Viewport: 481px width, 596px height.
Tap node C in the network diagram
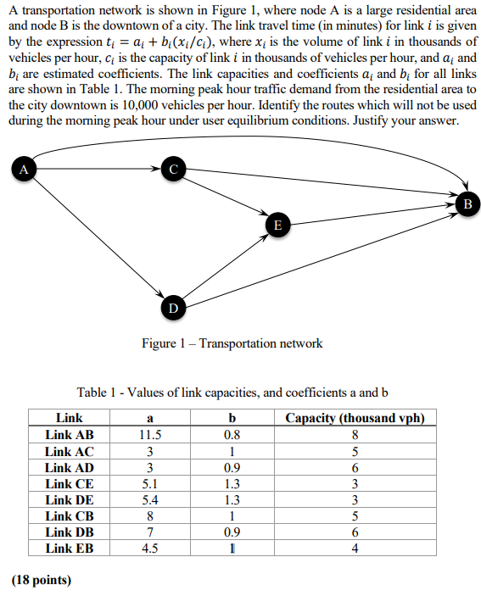coord(173,170)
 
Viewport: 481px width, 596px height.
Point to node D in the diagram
coord(173,306)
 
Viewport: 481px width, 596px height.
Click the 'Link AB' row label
coord(70,435)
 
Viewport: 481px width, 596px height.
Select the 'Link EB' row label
coord(70,548)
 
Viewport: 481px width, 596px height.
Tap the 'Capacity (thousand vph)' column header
coord(355,419)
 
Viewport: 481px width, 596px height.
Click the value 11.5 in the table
coord(150,435)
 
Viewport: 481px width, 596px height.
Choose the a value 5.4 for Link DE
coord(150,499)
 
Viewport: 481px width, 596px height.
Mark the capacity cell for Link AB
coord(355,435)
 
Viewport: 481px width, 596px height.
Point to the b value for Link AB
coord(232,435)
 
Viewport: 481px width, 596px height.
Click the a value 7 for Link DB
coord(150,532)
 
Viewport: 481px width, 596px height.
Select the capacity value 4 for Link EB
coord(355,548)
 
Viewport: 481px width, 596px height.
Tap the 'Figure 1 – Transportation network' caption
coord(232,343)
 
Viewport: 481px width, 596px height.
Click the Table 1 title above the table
coord(232,393)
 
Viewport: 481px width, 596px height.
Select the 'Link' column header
coord(70,419)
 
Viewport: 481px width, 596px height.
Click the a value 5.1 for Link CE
coord(150,483)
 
